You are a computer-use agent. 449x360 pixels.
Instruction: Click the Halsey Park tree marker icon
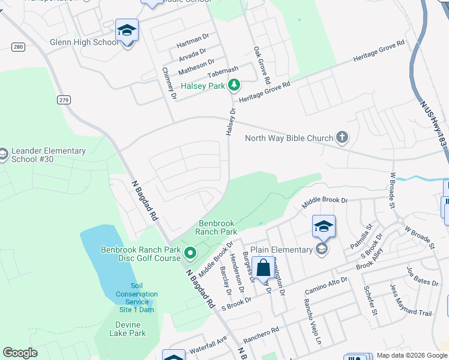click(x=234, y=86)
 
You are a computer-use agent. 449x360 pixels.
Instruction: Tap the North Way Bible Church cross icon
click(x=342, y=138)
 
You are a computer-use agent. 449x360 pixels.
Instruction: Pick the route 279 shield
click(x=64, y=100)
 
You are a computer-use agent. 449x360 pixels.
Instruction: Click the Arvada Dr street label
click(x=193, y=54)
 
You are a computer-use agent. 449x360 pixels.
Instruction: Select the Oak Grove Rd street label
click(x=262, y=65)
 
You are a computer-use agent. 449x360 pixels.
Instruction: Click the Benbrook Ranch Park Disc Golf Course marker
click(x=191, y=253)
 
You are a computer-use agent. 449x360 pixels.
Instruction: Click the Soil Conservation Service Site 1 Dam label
click(x=137, y=298)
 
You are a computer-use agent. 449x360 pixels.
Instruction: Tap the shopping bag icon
click(x=263, y=268)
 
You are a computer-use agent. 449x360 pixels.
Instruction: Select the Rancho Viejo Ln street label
click(x=315, y=329)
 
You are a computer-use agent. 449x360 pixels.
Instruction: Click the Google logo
click(x=20, y=353)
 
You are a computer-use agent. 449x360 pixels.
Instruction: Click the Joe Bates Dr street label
click(x=423, y=277)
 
